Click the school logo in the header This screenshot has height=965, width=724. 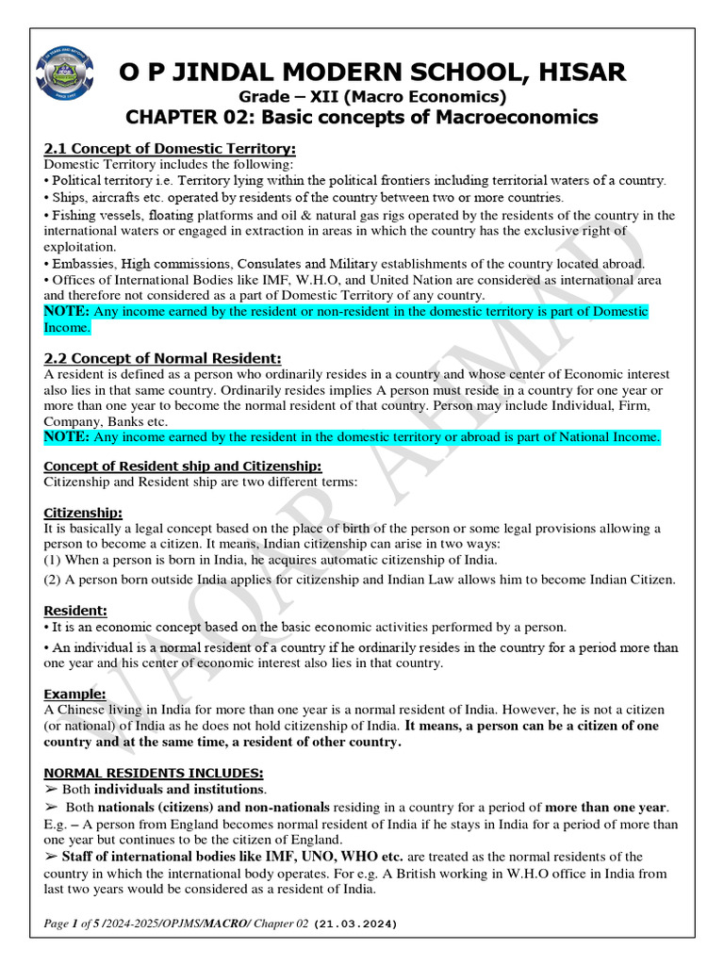pos(63,78)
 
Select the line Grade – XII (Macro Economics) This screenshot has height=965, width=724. pos(371,96)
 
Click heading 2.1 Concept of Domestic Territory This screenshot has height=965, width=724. pos(170,149)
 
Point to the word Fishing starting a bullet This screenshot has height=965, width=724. pos(74,215)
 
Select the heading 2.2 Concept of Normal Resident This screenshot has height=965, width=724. pos(162,358)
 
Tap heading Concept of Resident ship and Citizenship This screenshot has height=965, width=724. pos(183,466)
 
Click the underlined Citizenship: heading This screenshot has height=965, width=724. pos(83,513)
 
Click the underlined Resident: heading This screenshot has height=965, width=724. pos(75,611)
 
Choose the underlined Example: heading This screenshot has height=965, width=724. pos(75,694)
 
